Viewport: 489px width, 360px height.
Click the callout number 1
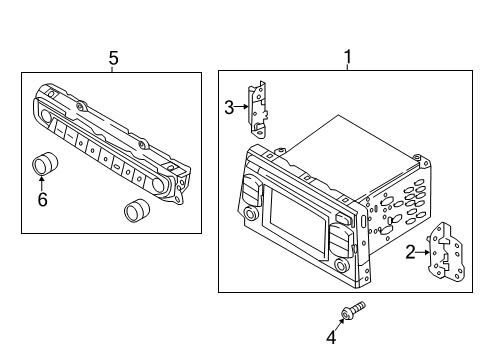pos(347,58)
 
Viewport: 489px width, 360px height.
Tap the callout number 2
pos(411,254)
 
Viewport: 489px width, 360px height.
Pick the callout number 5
pos(113,58)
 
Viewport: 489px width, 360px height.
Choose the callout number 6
pos(41,200)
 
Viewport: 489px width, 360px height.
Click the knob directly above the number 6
pos(45,162)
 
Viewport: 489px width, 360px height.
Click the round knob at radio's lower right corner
pos(344,267)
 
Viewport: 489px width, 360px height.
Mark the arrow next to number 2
pos(424,254)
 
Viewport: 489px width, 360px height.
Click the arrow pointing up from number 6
pos(41,182)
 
